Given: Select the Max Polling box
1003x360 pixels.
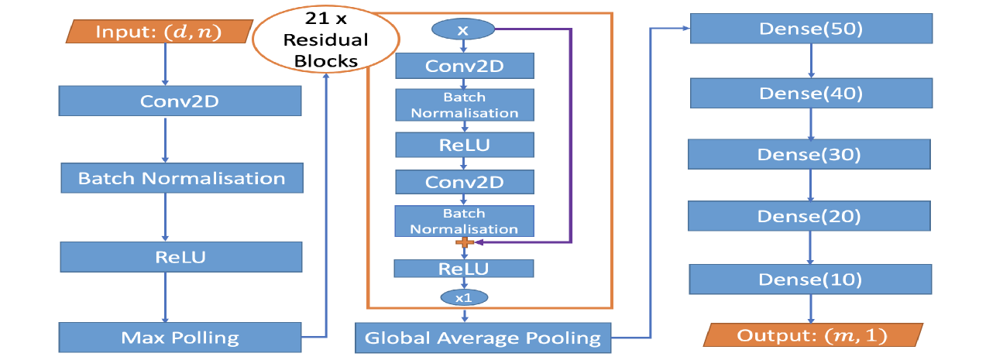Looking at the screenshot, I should click(x=180, y=338).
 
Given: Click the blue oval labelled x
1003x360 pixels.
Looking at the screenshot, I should click(x=463, y=29).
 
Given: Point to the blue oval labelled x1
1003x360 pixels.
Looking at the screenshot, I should click(x=463, y=297).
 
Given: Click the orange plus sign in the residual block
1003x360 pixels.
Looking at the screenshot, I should click(x=464, y=243).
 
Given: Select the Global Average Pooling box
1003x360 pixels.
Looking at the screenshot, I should click(x=483, y=338).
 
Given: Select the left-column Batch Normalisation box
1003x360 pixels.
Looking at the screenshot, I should click(x=181, y=178).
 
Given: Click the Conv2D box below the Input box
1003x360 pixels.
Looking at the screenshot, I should click(x=180, y=101).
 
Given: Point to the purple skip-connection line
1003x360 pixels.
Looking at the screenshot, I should click(x=571, y=132).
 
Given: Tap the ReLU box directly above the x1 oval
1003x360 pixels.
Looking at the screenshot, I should click(x=464, y=269).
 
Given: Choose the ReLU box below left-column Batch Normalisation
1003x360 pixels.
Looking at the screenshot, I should click(x=180, y=256).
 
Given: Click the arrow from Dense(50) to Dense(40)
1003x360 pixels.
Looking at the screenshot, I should click(x=811, y=62).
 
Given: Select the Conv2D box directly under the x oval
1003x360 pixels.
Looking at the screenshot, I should click(x=464, y=66).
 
